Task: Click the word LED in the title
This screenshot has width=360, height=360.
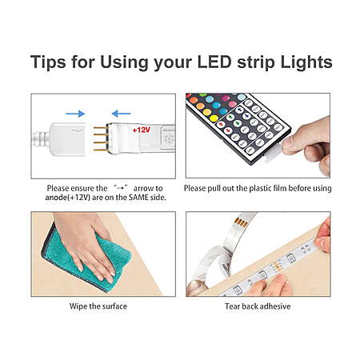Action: pyautogui.click(x=214, y=62)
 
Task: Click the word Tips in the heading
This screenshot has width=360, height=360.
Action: pyautogui.click(x=48, y=62)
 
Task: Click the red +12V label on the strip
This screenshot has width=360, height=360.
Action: pyautogui.click(x=142, y=130)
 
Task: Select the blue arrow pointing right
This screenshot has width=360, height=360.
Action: pyautogui.click(x=75, y=114)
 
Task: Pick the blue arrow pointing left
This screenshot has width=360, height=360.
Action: pyautogui.click(x=121, y=114)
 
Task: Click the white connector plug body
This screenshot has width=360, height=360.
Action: pyautogui.click(x=68, y=138)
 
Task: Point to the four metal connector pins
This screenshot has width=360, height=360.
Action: pyautogui.click(x=101, y=139)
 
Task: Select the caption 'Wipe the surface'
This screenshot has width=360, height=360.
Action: pyautogui.click(x=98, y=306)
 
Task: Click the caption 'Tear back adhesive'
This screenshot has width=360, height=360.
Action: pyautogui.click(x=258, y=306)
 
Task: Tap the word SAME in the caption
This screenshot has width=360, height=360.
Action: pyautogui.click(x=138, y=198)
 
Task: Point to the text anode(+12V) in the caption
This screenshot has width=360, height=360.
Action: pyautogui.click(x=68, y=198)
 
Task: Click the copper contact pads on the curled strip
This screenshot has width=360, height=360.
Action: pyautogui.click(x=241, y=223)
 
